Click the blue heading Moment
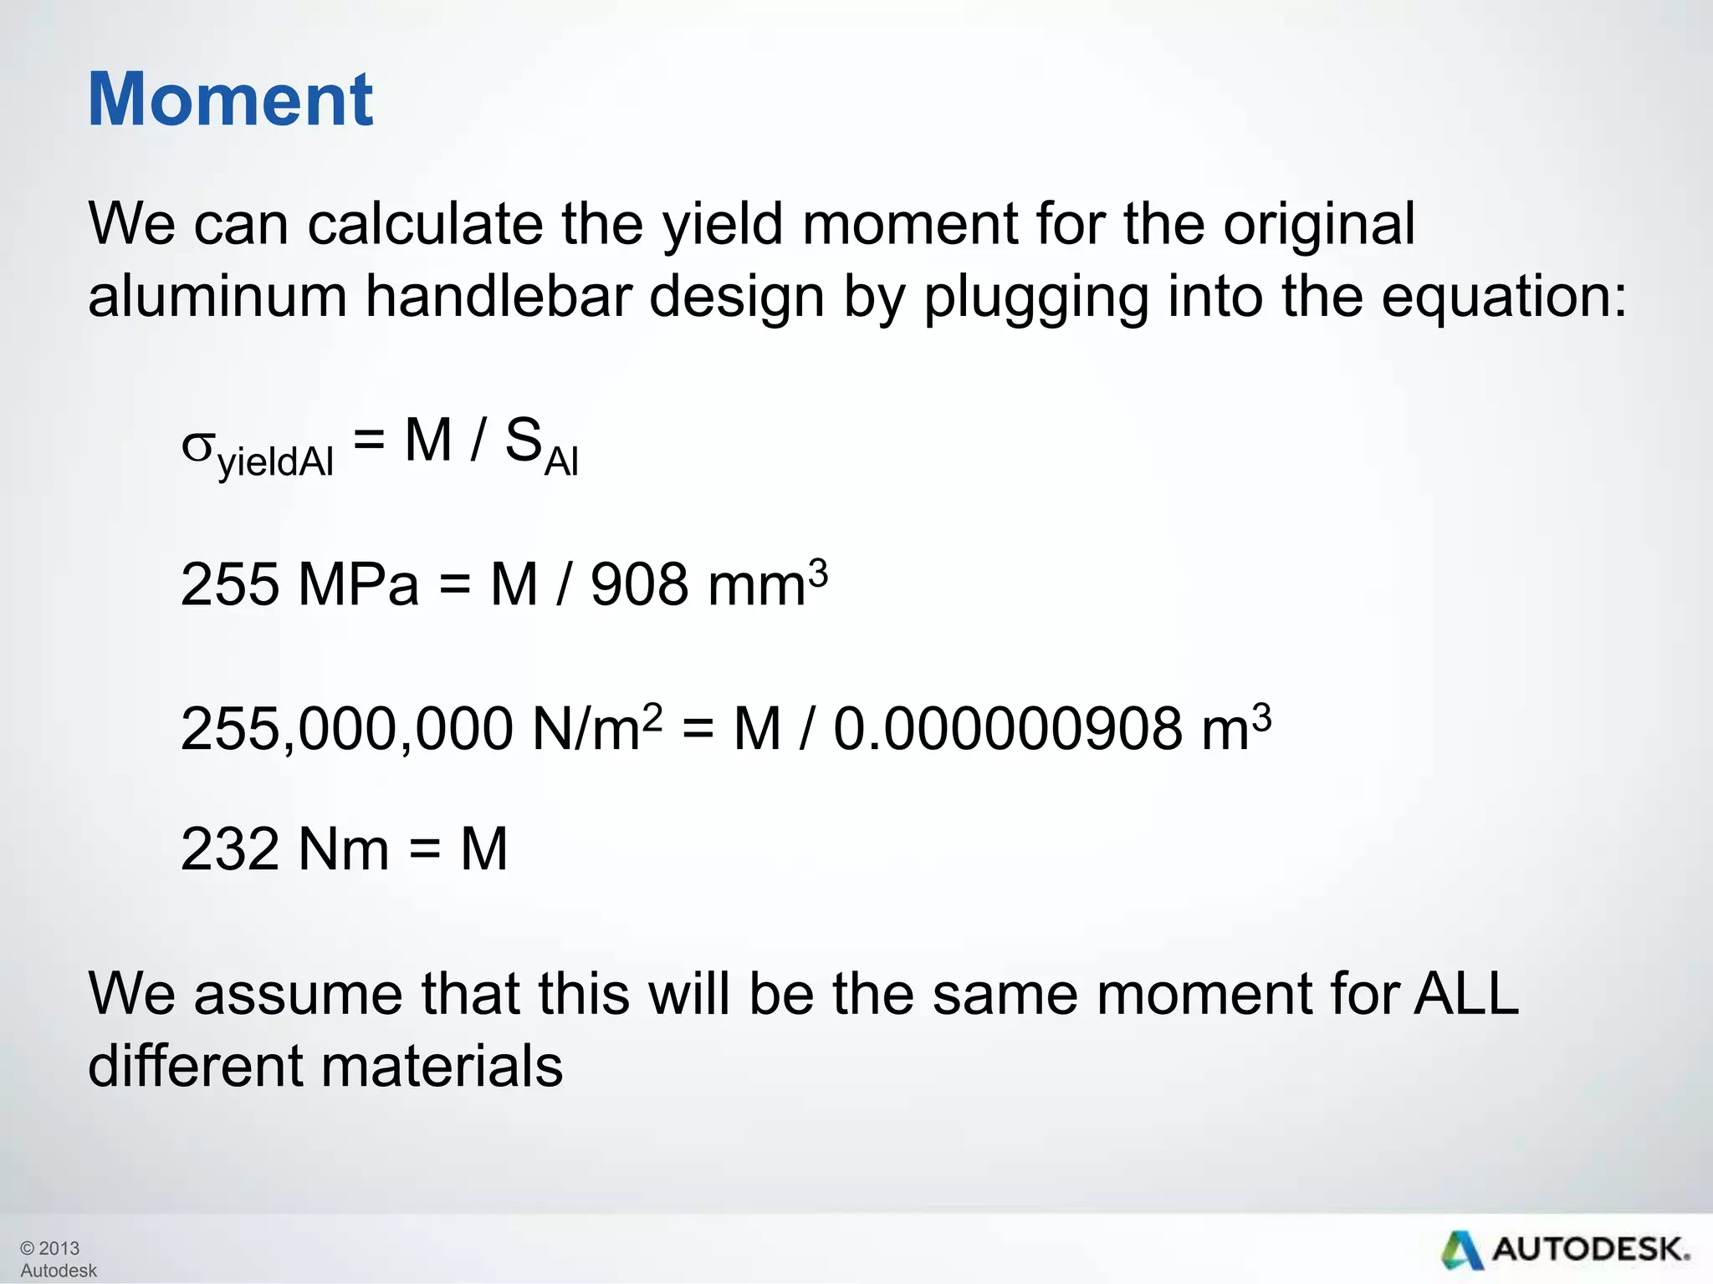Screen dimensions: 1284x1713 [x=230, y=99]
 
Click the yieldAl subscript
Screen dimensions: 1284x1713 [x=275, y=462]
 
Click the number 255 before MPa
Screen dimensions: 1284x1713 [x=230, y=584]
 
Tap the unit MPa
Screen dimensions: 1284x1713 [x=359, y=584]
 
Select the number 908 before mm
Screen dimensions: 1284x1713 [x=640, y=584]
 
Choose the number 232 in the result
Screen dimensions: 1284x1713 [x=230, y=849]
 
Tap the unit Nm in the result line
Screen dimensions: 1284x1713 [x=344, y=849]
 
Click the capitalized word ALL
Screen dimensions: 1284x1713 [x=1466, y=994]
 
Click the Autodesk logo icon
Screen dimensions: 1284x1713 [x=1461, y=1251]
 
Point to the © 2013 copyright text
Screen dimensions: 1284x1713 [x=49, y=1248]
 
